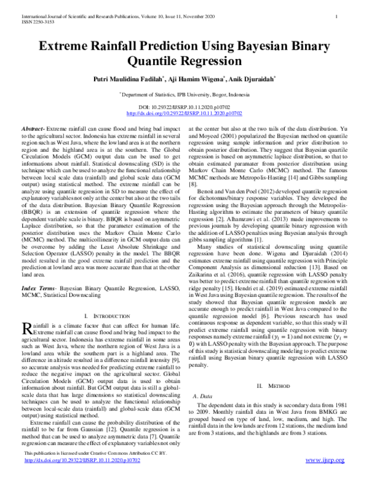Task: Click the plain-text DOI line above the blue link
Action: pos(184,108)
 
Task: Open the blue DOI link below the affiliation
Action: pos(184,114)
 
